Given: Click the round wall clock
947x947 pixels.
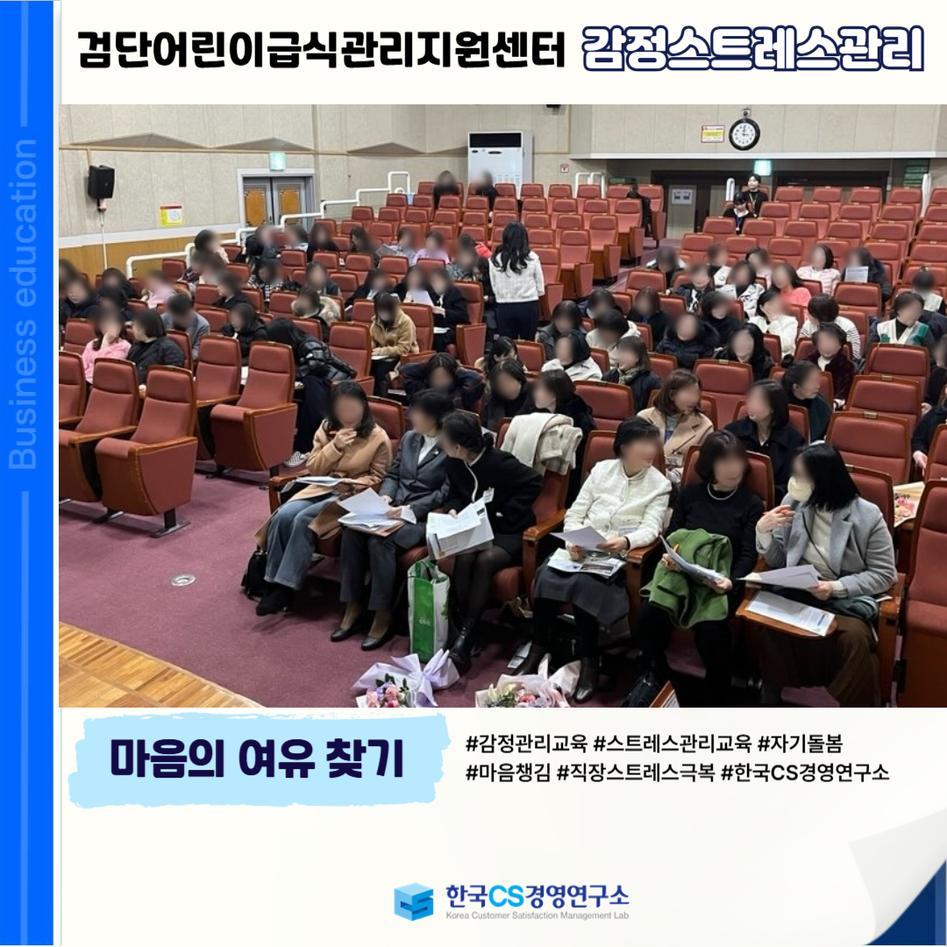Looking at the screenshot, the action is (x=744, y=133).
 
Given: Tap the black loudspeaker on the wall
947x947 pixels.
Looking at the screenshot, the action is (x=101, y=182).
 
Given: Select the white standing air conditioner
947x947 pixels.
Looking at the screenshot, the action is (x=500, y=158).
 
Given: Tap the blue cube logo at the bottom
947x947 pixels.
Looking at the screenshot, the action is (x=414, y=901).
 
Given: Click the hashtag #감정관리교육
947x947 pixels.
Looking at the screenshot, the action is (x=526, y=744).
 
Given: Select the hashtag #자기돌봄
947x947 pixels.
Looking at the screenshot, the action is (x=800, y=744).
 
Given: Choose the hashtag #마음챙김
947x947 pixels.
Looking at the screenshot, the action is (x=508, y=772).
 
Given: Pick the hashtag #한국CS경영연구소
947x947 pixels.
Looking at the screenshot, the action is (x=805, y=772).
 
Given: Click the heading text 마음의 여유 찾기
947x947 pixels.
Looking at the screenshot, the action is (x=257, y=759).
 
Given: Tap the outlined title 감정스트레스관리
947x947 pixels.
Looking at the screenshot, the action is (x=753, y=48).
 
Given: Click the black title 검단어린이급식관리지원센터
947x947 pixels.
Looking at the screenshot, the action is (x=321, y=49).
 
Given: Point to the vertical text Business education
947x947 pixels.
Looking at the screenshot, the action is (x=23, y=303).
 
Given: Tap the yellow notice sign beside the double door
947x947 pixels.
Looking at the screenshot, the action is (x=171, y=216).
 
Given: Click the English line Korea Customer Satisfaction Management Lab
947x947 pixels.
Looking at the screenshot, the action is (x=537, y=915).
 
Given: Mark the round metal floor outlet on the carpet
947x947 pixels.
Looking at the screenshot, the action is (x=182, y=580).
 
